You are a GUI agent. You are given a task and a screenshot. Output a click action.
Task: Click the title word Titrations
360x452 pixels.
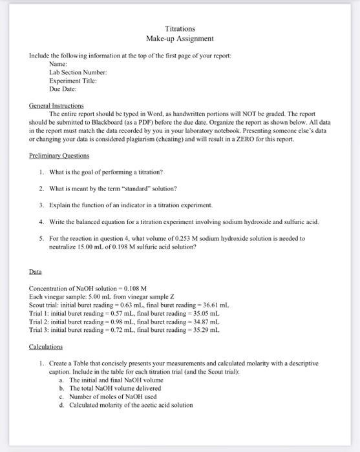(180, 29)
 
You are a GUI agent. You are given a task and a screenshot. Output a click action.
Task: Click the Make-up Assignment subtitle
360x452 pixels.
(180, 39)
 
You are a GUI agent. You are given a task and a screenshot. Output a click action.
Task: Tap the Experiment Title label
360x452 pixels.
(73, 82)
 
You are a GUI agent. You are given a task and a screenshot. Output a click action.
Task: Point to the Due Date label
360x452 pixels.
(63, 90)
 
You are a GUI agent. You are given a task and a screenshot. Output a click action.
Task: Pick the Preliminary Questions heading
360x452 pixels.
(59, 156)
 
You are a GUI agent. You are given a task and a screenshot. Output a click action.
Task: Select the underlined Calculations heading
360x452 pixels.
(46, 347)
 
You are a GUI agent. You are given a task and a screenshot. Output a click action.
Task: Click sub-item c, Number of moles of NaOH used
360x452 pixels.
(113, 396)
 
